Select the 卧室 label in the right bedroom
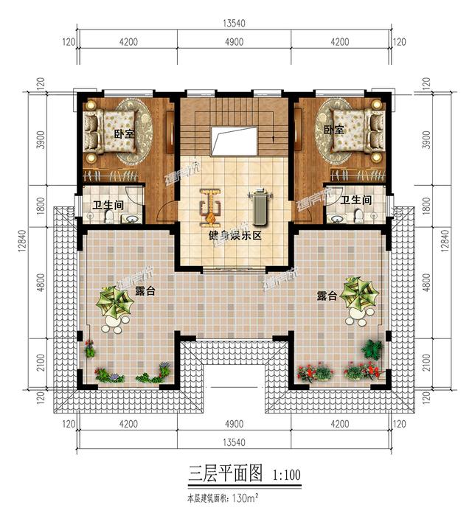point(333,130)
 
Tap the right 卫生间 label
point(355,199)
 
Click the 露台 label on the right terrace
point(327,296)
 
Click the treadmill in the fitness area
point(259,207)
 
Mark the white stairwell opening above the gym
point(234,140)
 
